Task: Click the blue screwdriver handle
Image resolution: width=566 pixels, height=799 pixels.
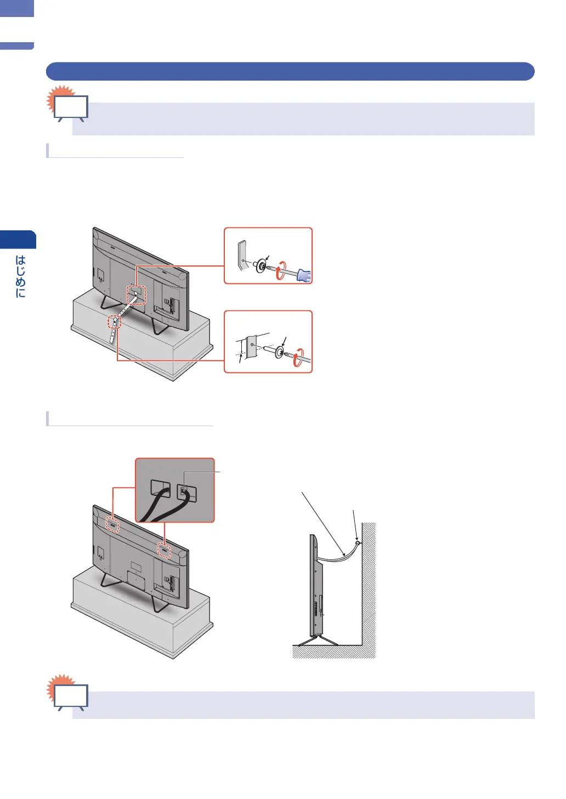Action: click(304, 275)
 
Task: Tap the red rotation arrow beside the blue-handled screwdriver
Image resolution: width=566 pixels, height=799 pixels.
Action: click(280, 271)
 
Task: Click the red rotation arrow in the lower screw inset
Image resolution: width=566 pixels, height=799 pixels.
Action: click(297, 359)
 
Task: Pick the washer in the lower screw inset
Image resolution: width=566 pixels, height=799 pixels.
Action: click(280, 352)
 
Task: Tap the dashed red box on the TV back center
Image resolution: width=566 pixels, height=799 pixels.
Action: click(137, 294)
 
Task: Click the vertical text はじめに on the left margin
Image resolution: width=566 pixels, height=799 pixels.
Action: click(20, 276)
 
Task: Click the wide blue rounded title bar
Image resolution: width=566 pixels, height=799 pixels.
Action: click(290, 72)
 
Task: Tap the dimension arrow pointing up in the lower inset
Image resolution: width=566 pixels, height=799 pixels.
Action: click(240, 360)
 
